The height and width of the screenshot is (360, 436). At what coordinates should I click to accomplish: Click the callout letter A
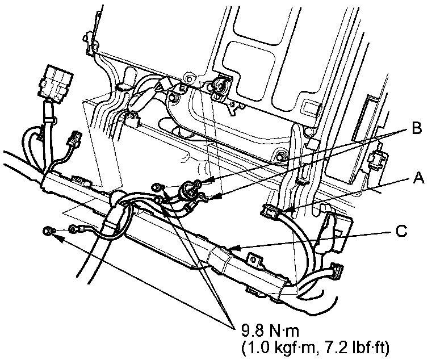(x=419, y=178)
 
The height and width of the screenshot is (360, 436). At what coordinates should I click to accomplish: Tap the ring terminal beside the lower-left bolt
(x=74, y=229)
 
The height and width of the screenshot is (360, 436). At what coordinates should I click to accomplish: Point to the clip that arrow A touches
(x=271, y=212)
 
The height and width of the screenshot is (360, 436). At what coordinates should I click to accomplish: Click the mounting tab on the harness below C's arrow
(x=255, y=260)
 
